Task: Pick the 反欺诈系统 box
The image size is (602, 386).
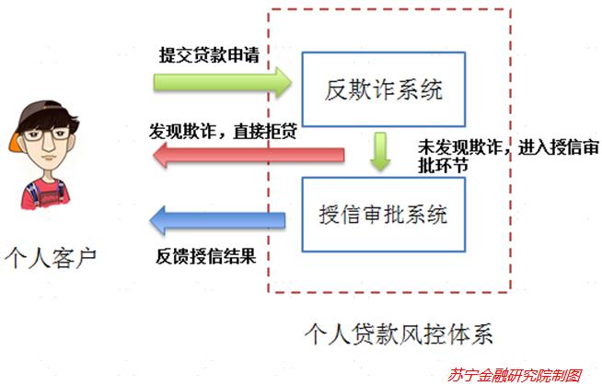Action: click(383, 90)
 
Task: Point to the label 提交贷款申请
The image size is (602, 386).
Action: click(209, 56)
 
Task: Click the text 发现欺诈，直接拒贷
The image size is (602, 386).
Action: click(222, 130)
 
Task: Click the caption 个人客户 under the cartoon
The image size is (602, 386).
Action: click(52, 255)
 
